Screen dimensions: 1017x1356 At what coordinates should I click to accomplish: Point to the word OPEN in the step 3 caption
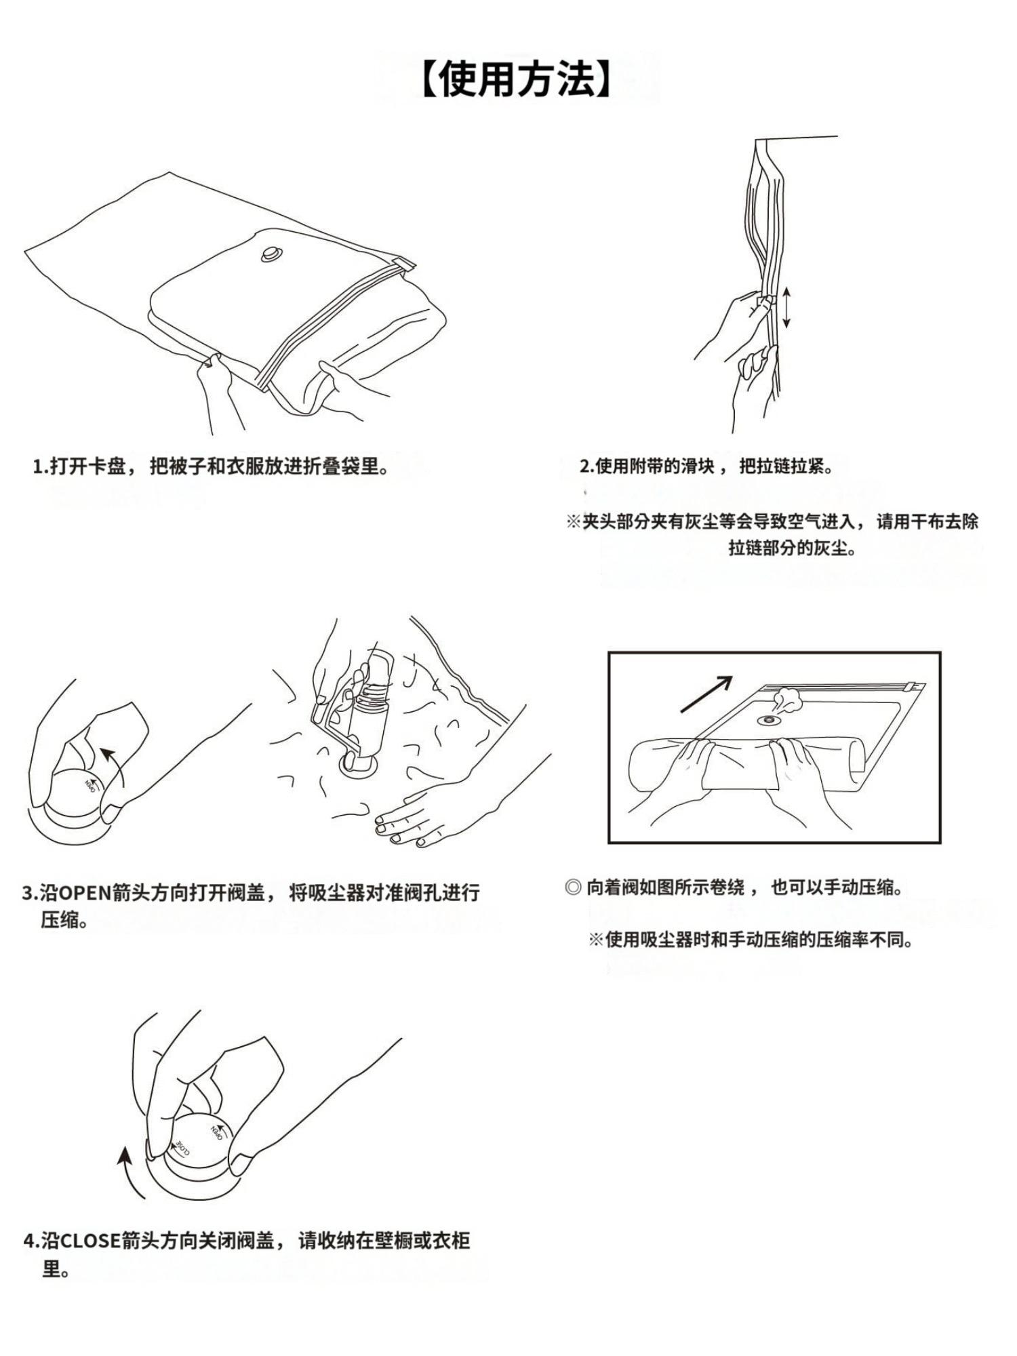85,893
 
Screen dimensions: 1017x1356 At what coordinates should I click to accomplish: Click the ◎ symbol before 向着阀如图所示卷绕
573,887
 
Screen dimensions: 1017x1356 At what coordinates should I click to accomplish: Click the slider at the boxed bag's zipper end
915,687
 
